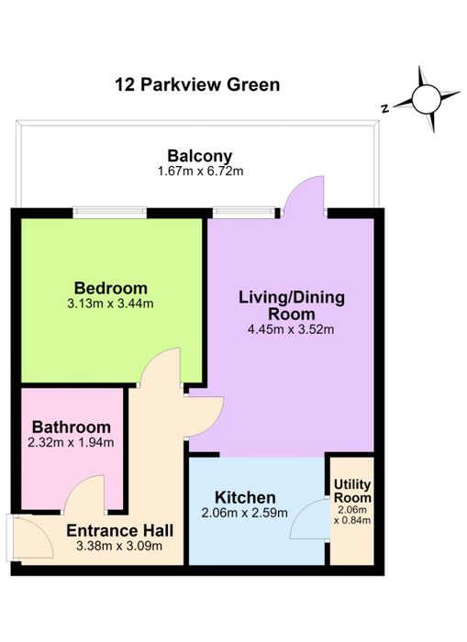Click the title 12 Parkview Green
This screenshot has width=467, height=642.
pos(197,85)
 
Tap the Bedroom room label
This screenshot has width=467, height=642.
pos(111,288)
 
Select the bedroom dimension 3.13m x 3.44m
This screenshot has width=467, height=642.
pos(110,304)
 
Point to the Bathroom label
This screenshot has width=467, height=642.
pos(72,427)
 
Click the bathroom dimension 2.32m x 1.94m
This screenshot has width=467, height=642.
pos(71,443)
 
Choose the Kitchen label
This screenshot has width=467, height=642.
pos(245,497)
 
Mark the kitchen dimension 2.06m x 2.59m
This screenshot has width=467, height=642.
pos(245,513)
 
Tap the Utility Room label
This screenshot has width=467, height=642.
pos(352,491)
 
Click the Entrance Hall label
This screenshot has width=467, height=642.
pos(119,531)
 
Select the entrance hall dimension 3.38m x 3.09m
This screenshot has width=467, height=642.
pos(119,546)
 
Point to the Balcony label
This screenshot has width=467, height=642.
pos(199,156)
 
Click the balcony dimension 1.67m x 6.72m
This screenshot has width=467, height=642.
pos(200,172)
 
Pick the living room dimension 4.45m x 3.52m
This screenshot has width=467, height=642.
pos(291,329)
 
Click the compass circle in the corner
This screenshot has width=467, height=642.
pos(426,99)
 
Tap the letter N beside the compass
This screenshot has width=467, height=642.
pos(384,109)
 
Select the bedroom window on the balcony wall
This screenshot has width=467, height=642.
pos(110,212)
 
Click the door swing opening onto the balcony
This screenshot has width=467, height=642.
pos(304,193)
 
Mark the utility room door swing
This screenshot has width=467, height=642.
pos(310,519)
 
